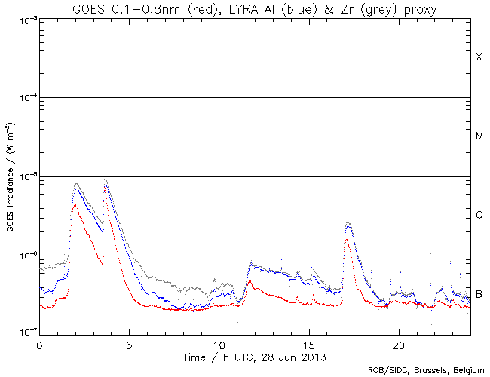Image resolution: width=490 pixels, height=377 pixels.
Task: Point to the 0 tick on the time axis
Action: [39, 342]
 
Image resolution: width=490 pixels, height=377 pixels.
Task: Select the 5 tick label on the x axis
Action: [129, 342]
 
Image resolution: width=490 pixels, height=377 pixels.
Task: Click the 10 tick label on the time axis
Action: [219, 342]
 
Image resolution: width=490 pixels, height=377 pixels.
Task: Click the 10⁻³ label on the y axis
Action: [25, 20]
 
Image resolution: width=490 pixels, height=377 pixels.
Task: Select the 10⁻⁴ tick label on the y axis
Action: [25, 98]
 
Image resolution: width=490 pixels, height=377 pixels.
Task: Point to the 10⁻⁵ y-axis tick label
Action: [25, 177]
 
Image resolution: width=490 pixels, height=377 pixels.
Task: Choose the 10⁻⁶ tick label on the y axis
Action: [25, 256]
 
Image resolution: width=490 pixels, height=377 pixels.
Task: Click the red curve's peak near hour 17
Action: [346, 240]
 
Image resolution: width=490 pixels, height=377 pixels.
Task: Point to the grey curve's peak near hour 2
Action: [76, 183]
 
